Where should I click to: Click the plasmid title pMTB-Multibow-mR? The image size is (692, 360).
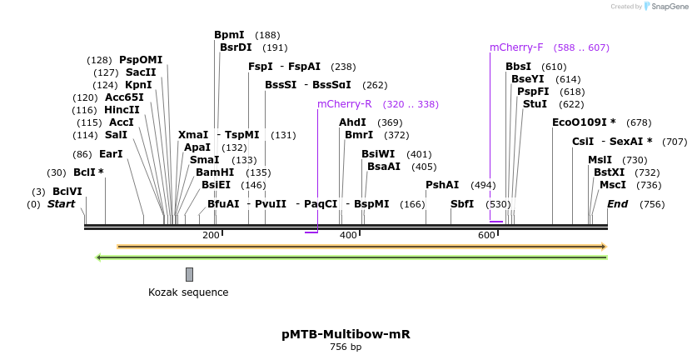346,334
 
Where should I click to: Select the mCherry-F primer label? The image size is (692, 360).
516,47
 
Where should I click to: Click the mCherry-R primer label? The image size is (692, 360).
344,104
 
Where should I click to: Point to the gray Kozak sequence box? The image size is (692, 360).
189,274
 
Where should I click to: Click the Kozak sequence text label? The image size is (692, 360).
188,292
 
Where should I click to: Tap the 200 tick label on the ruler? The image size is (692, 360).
211,236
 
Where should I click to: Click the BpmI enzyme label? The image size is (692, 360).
229,35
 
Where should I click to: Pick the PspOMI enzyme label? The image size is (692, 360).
141,60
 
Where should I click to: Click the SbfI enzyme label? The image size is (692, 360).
462,204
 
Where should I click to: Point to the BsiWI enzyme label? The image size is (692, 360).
378,154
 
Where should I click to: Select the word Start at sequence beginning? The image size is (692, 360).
61,204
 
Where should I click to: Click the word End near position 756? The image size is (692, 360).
617,204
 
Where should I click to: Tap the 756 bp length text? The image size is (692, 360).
346,347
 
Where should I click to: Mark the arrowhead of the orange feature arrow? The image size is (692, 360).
604,247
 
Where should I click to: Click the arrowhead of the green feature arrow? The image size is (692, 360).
99,257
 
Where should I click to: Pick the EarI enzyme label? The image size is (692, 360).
111,154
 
